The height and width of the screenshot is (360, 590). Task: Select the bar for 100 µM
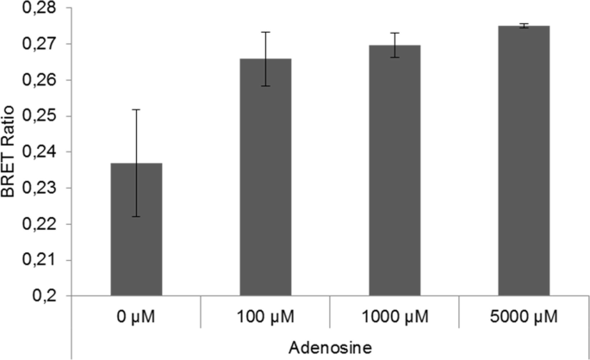click(265, 177)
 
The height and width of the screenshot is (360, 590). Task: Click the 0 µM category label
click(136, 318)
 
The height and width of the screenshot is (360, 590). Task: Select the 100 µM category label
click(265, 318)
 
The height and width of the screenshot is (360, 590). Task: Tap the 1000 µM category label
click(394, 318)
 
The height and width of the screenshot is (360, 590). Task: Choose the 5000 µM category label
click(524, 318)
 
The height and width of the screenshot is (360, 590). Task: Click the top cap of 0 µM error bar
click(136, 109)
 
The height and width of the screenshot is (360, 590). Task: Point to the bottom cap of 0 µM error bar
click(136, 217)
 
